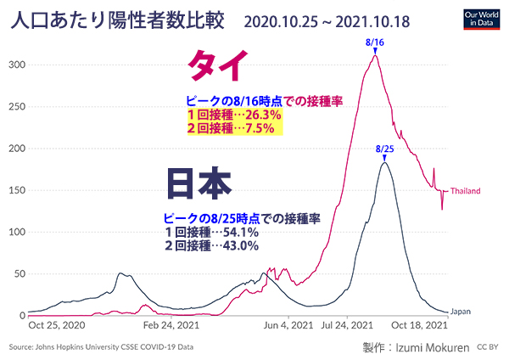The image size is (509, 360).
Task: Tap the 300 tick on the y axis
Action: pyautogui.click(x=16, y=65)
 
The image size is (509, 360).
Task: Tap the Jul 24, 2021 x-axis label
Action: pyautogui.click(x=348, y=324)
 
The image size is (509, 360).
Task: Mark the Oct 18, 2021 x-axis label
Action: pyautogui.click(x=422, y=324)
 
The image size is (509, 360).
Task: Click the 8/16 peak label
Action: pyautogui.click(x=373, y=42)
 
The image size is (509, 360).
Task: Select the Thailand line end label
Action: pyautogui.click(x=467, y=190)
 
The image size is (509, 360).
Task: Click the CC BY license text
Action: pyautogui.click(x=488, y=346)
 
